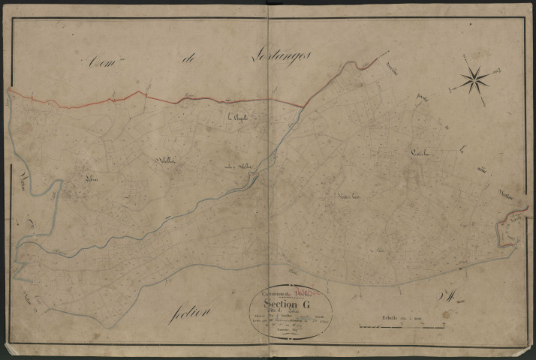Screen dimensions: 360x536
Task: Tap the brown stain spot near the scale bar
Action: pos(445,315)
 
